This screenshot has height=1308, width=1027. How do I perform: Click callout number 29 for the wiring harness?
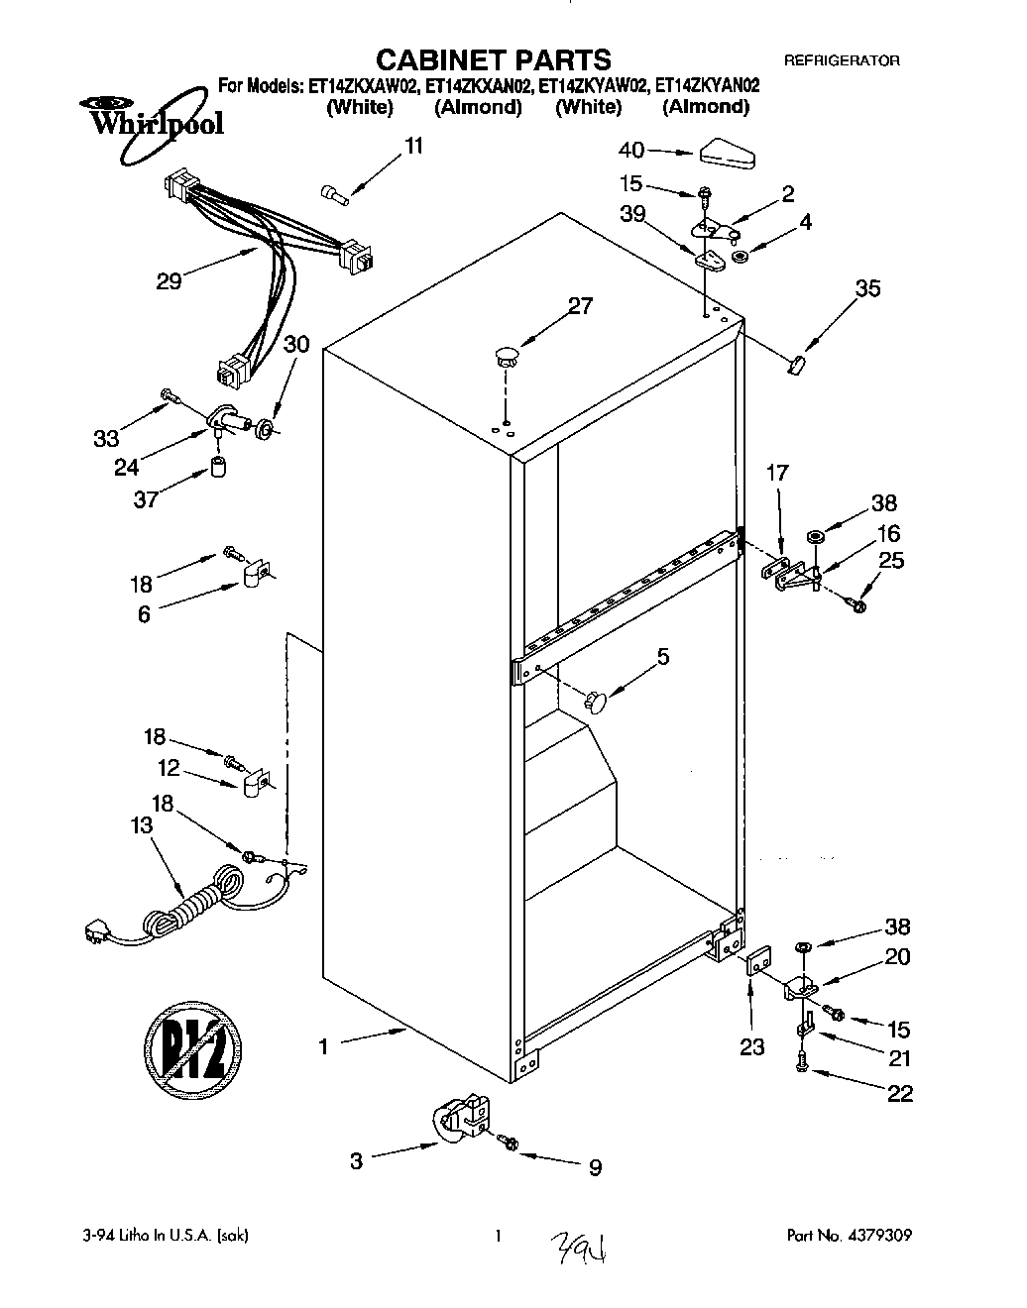coord(169,280)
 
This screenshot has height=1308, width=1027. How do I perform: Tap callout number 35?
coord(867,288)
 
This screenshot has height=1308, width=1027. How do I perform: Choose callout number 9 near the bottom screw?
coord(595,1168)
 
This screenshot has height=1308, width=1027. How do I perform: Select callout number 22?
coord(900,1093)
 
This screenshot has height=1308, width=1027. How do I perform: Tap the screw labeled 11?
coord(335,193)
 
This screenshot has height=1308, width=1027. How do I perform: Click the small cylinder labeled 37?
coord(219,466)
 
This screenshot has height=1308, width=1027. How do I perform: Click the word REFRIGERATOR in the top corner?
coord(842,60)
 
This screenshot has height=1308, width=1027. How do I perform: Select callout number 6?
coord(145,614)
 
